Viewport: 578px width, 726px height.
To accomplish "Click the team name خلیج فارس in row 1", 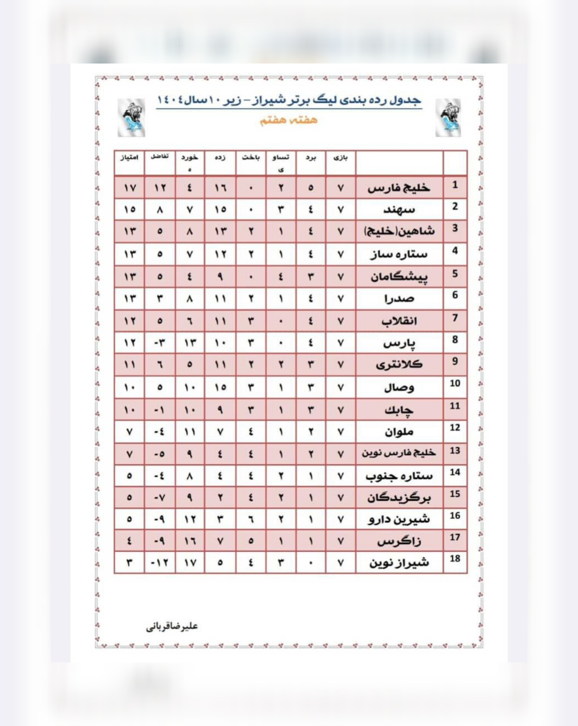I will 399,188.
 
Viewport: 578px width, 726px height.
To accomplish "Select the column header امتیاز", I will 129,158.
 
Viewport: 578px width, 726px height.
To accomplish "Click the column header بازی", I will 340,158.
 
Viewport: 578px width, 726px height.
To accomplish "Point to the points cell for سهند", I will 129,209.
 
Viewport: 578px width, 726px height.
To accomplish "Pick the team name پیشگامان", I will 399,276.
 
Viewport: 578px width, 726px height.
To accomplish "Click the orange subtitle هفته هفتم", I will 288,120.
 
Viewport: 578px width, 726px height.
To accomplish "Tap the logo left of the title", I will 131,118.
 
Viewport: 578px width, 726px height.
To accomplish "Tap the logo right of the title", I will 448,118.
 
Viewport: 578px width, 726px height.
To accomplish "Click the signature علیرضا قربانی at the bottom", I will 172,626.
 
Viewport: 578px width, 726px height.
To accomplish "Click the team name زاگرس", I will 399,541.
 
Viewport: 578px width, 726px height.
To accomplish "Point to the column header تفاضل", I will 160,157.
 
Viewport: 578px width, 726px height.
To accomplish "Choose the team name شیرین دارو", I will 399,519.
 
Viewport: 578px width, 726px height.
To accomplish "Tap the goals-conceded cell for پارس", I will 190,343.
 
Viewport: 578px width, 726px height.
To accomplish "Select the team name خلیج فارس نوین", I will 399,453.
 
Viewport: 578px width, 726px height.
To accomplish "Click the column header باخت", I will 251,158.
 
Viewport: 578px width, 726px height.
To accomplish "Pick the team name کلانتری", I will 399,365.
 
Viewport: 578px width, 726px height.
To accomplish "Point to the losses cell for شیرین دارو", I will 251,520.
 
